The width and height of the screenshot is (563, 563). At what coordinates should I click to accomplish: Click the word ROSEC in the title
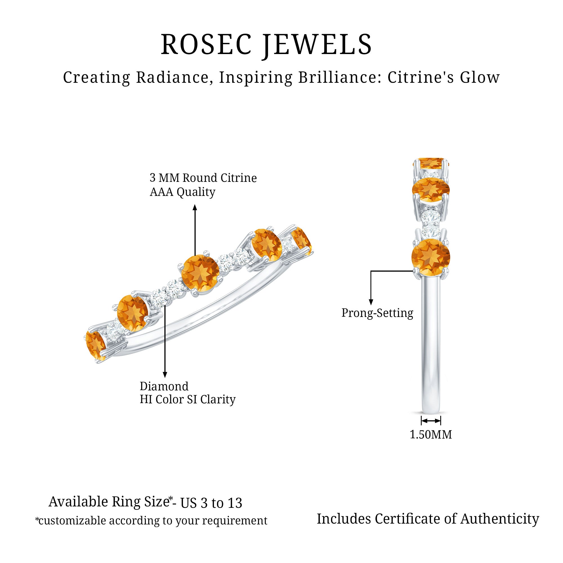point(206,44)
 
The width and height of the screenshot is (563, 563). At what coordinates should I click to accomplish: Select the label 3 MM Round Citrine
point(203,178)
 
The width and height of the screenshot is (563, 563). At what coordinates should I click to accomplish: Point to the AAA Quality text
point(182,192)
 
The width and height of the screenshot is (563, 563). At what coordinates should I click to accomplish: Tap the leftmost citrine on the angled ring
point(95,345)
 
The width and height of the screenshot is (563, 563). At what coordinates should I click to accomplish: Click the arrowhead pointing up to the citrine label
point(195,207)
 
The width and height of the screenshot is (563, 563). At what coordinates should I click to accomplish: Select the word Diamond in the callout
point(164,386)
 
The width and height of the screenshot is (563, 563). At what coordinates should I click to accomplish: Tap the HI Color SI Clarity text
point(187,399)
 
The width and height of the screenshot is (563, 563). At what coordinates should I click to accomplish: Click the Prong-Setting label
point(377,313)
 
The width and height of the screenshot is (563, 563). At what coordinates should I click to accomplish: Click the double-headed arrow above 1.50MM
point(431,421)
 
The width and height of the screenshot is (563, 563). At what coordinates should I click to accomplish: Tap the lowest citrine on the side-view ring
point(430,257)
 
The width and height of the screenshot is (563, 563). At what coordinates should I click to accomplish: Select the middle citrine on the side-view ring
point(431,190)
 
